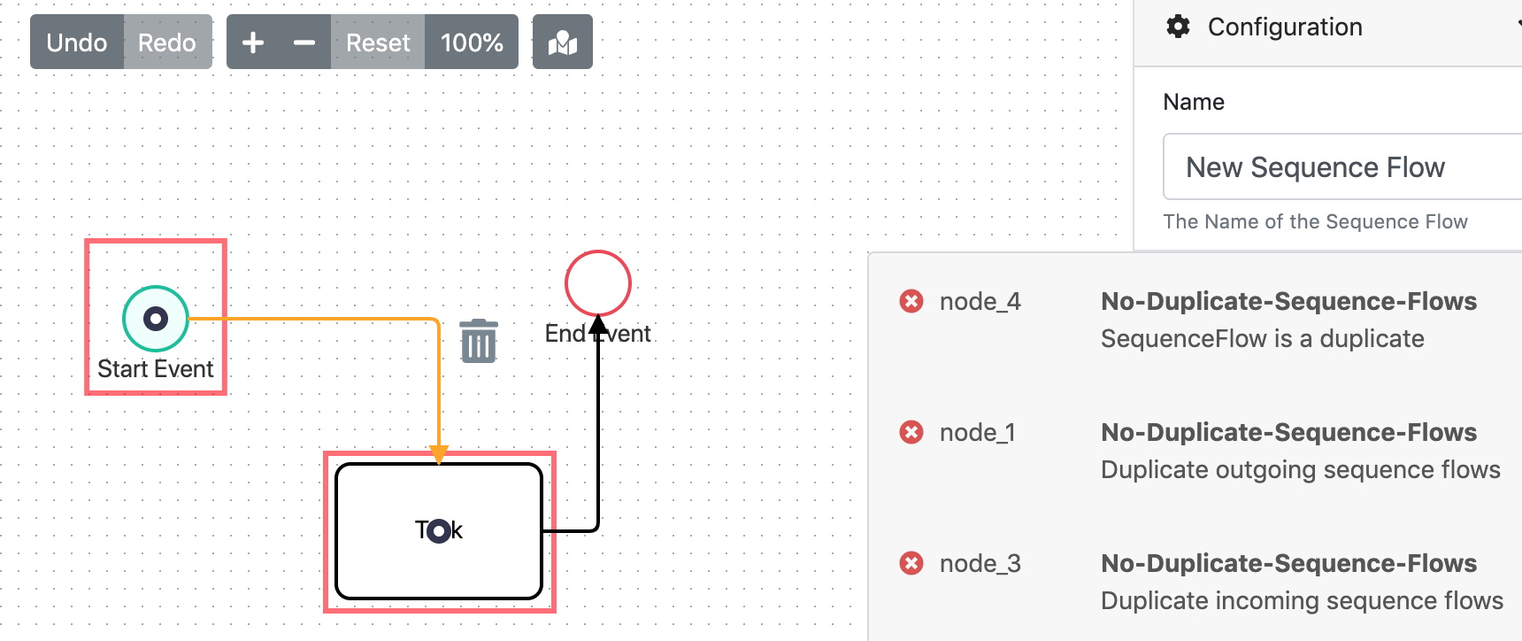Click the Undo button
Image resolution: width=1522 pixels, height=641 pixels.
pos(77,42)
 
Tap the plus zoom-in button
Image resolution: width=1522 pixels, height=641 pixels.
pos(253,42)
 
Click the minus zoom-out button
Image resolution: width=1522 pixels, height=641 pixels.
pos(304,42)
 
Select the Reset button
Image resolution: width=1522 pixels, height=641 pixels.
pos(378,42)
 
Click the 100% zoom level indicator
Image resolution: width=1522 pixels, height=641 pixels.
pos(472,42)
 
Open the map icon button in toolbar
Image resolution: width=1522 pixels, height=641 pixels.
pos(563,42)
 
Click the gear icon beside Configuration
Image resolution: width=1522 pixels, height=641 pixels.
pos(1178,27)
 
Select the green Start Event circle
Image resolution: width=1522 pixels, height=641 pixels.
pos(156,318)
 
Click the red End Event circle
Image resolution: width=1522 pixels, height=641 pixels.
pos(598,283)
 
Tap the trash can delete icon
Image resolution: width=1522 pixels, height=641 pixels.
pos(479,342)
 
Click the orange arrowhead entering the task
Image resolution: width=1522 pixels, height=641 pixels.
pos(439,454)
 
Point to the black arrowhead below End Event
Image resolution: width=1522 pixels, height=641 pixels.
pos(598,324)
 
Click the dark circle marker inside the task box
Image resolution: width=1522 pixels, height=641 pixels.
pos(438,531)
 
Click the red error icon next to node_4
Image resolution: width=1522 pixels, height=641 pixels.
pos(911,301)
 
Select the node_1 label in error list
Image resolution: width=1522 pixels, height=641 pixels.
pos(978,432)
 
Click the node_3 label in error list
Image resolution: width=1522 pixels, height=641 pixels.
pos(980,563)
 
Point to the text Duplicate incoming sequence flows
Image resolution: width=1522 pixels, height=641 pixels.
pos(1302,600)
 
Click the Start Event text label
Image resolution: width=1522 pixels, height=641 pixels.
pos(156,368)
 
